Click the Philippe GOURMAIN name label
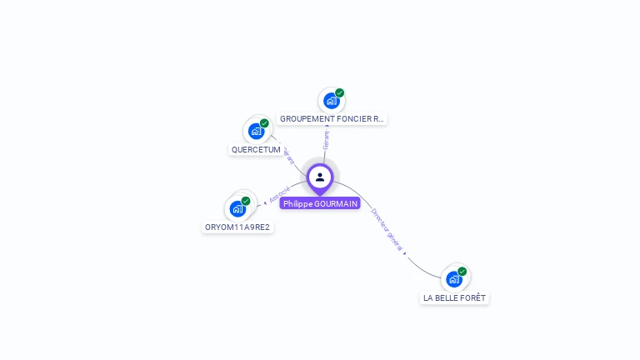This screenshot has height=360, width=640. click(x=320, y=203)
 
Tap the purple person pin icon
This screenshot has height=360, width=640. click(x=320, y=177)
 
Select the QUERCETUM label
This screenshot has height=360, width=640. click(x=256, y=150)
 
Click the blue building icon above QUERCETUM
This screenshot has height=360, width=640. click(x=257, y=131)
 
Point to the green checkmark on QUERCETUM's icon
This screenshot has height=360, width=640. click(x=264, y=123)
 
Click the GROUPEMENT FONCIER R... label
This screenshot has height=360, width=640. click(x=332, y=119)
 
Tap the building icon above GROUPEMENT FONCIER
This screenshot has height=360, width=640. click(x=332, y=101)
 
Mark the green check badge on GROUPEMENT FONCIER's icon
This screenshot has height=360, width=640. click(x=339, y=93)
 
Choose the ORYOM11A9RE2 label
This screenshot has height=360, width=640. click(x=237, y=227)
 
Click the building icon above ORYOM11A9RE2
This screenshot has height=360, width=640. click(x=237, y=208)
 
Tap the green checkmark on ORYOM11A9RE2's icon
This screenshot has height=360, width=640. click(x=246, y=201)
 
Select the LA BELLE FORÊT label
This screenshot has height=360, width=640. click(x=454, y=297)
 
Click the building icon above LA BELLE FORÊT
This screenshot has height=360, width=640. click(x=454, y=278)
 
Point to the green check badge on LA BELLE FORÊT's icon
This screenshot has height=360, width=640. click(x=462, y=271)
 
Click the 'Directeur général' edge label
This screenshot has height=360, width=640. click(x=387, y=229)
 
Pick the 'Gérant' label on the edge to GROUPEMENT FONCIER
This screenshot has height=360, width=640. click(x=326, y=138)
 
